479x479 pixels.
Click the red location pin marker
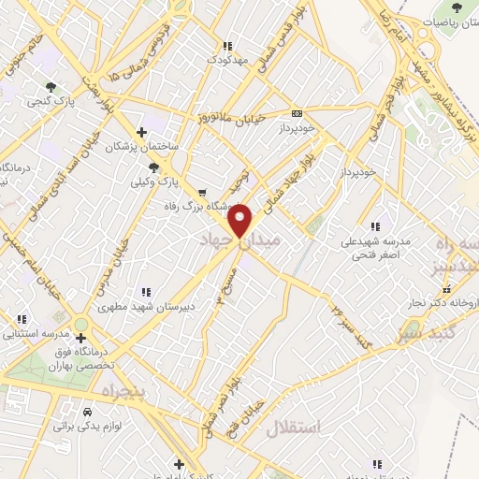pyautogui.click(x=240, y=220)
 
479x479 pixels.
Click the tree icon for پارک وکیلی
pyautogui.click(x=154, y=167)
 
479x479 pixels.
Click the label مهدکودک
pyautogui.click(x=228, y=60)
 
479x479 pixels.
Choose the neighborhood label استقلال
pyautogui.click(x=293, y=428)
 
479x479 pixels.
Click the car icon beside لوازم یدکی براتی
pyautogui.click(x=87, y=411)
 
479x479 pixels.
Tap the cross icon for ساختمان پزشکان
pyautogui.click(x=140, y=132)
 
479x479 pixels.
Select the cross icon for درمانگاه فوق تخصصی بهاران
pyautogui.click(x=92, y=338)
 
